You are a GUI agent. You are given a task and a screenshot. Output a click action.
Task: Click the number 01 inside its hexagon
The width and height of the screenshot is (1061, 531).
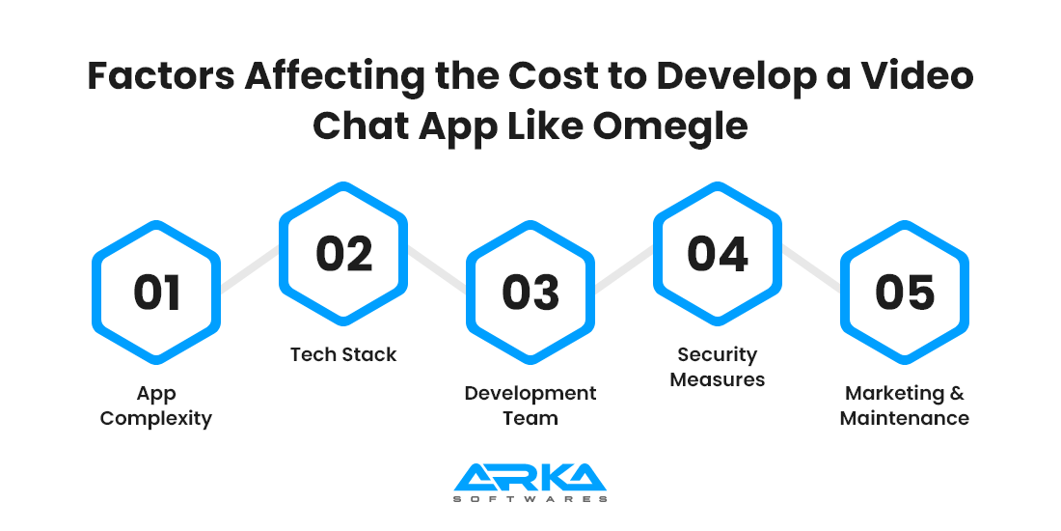point(157,293)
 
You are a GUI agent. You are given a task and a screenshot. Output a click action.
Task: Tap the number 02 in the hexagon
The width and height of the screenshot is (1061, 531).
point(343,254)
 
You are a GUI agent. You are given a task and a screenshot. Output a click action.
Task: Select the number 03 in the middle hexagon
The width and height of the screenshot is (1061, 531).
point(530,293)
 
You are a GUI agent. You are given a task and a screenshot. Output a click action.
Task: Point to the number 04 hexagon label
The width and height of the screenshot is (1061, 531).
point(718,254)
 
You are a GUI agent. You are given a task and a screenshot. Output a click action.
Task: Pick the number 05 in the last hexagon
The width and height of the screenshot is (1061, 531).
point(905,293)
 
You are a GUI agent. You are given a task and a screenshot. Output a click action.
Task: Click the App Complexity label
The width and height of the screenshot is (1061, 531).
point(156,405)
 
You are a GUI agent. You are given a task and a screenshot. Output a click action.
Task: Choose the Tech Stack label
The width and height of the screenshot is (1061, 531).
point(343,354)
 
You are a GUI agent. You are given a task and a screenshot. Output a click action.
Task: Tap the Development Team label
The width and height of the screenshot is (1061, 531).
point(530,405)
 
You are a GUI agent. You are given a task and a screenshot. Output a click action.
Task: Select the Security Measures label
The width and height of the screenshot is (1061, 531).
point(718,367)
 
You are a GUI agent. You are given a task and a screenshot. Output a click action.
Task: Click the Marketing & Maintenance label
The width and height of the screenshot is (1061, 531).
point(905,405)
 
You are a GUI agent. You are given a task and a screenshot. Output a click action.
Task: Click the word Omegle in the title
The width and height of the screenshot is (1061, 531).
point(670,126)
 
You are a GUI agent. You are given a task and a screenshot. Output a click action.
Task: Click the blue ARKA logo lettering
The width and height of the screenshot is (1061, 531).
point(530,478)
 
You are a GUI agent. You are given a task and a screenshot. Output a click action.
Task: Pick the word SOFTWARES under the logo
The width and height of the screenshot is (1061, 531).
point(530,499)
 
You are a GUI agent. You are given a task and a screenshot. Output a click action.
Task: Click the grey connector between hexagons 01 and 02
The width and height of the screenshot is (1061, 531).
point(250,270)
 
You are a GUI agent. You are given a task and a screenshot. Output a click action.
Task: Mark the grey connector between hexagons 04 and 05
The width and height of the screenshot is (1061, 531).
point(811,269)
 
